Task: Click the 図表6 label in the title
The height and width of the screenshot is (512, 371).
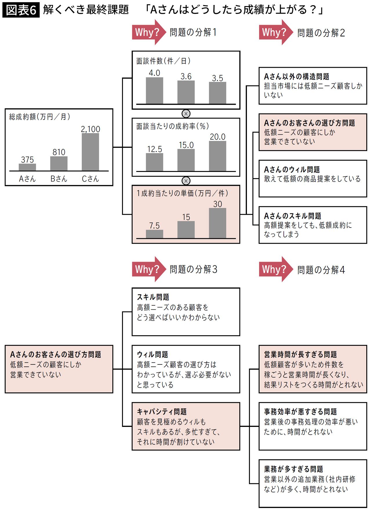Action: (21, 10)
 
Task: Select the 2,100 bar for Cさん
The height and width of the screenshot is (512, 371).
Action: (90, 152)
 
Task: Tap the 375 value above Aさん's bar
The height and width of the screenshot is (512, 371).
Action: (27, 159)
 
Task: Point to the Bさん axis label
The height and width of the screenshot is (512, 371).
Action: (59, 179)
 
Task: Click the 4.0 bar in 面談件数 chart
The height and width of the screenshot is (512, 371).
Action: (154, 91)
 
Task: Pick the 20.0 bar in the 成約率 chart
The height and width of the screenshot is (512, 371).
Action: (218, 156)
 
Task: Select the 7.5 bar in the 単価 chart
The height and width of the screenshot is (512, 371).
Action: (154, 234)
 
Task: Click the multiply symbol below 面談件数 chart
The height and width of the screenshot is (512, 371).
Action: (186, 113)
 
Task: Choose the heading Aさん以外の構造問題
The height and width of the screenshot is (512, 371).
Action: (297, 76)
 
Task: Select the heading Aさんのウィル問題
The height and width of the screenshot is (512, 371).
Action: (292, 169)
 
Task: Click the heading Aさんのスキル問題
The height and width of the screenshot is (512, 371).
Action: (292, 216)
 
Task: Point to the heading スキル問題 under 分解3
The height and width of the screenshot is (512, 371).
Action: (153, 297)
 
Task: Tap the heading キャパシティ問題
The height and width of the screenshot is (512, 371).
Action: (162, 411)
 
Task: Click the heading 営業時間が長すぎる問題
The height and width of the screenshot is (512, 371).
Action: (300, 354)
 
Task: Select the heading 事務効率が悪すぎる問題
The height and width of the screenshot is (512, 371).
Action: (300, 411)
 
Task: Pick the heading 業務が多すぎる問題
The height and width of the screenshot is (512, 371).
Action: (293, 469)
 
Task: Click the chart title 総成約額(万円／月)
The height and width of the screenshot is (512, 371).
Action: (40, 117)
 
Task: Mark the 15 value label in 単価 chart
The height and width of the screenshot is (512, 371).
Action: (186, 217)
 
